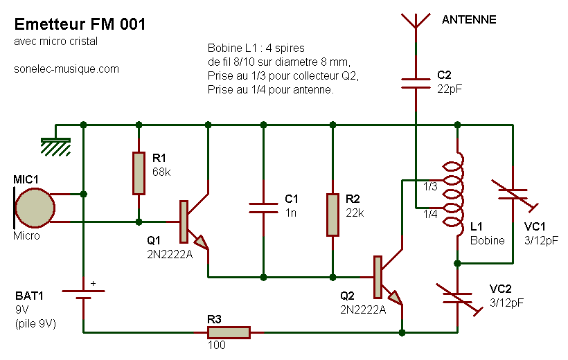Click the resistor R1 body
(x=139, y=173)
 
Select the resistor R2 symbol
(x=333, y=215)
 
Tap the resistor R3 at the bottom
(x=229, y=332)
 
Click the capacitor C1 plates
(x=263, y=208)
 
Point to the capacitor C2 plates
(x=416, y=83)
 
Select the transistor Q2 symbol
(x=388, y=278)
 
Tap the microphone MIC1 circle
(x=35, y=208)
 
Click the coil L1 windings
(x=454, y=194)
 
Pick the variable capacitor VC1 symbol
(x=514, y=195)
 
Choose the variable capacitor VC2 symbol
(x=459, y=298)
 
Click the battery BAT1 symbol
(x=83, y=294)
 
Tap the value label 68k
(x=161, y=172)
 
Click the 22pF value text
(x=450, y=89)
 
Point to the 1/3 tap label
(x=430, y=186)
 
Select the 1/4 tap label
(x=430, y=214)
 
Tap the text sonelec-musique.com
(x=66, y=69)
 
